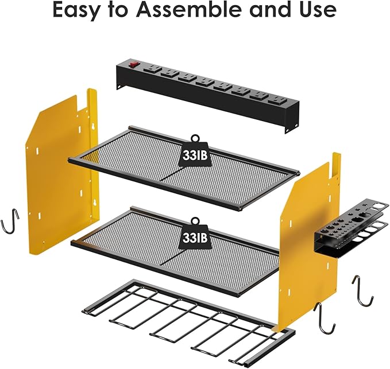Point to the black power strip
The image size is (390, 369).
[x=207, y=92]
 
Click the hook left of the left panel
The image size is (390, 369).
[x=11, y=221]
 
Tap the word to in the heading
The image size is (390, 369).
[x=117, y=10]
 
